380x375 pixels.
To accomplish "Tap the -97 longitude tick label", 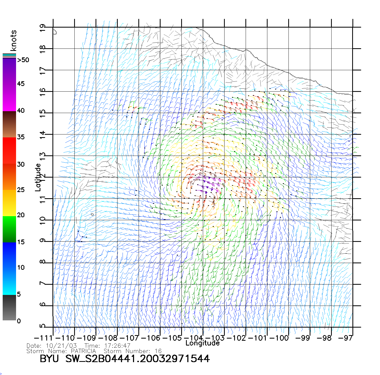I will point(345,338).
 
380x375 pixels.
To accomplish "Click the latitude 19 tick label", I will point(43,28).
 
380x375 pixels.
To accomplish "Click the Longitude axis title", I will point(203,343).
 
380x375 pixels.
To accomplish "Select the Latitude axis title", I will point(38,177).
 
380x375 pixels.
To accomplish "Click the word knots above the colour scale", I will point(13,40).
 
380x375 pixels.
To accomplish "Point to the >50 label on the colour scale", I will point(23,60).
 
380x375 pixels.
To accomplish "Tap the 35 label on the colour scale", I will point(21,137).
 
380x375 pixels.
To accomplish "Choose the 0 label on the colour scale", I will point(19,321).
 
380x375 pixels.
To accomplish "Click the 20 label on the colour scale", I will point(21,215).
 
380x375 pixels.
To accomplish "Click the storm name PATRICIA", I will point(83,351).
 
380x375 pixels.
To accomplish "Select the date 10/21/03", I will point(61,346).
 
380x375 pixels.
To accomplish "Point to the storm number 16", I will point(158,351).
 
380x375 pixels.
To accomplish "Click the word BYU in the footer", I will point(49,359).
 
